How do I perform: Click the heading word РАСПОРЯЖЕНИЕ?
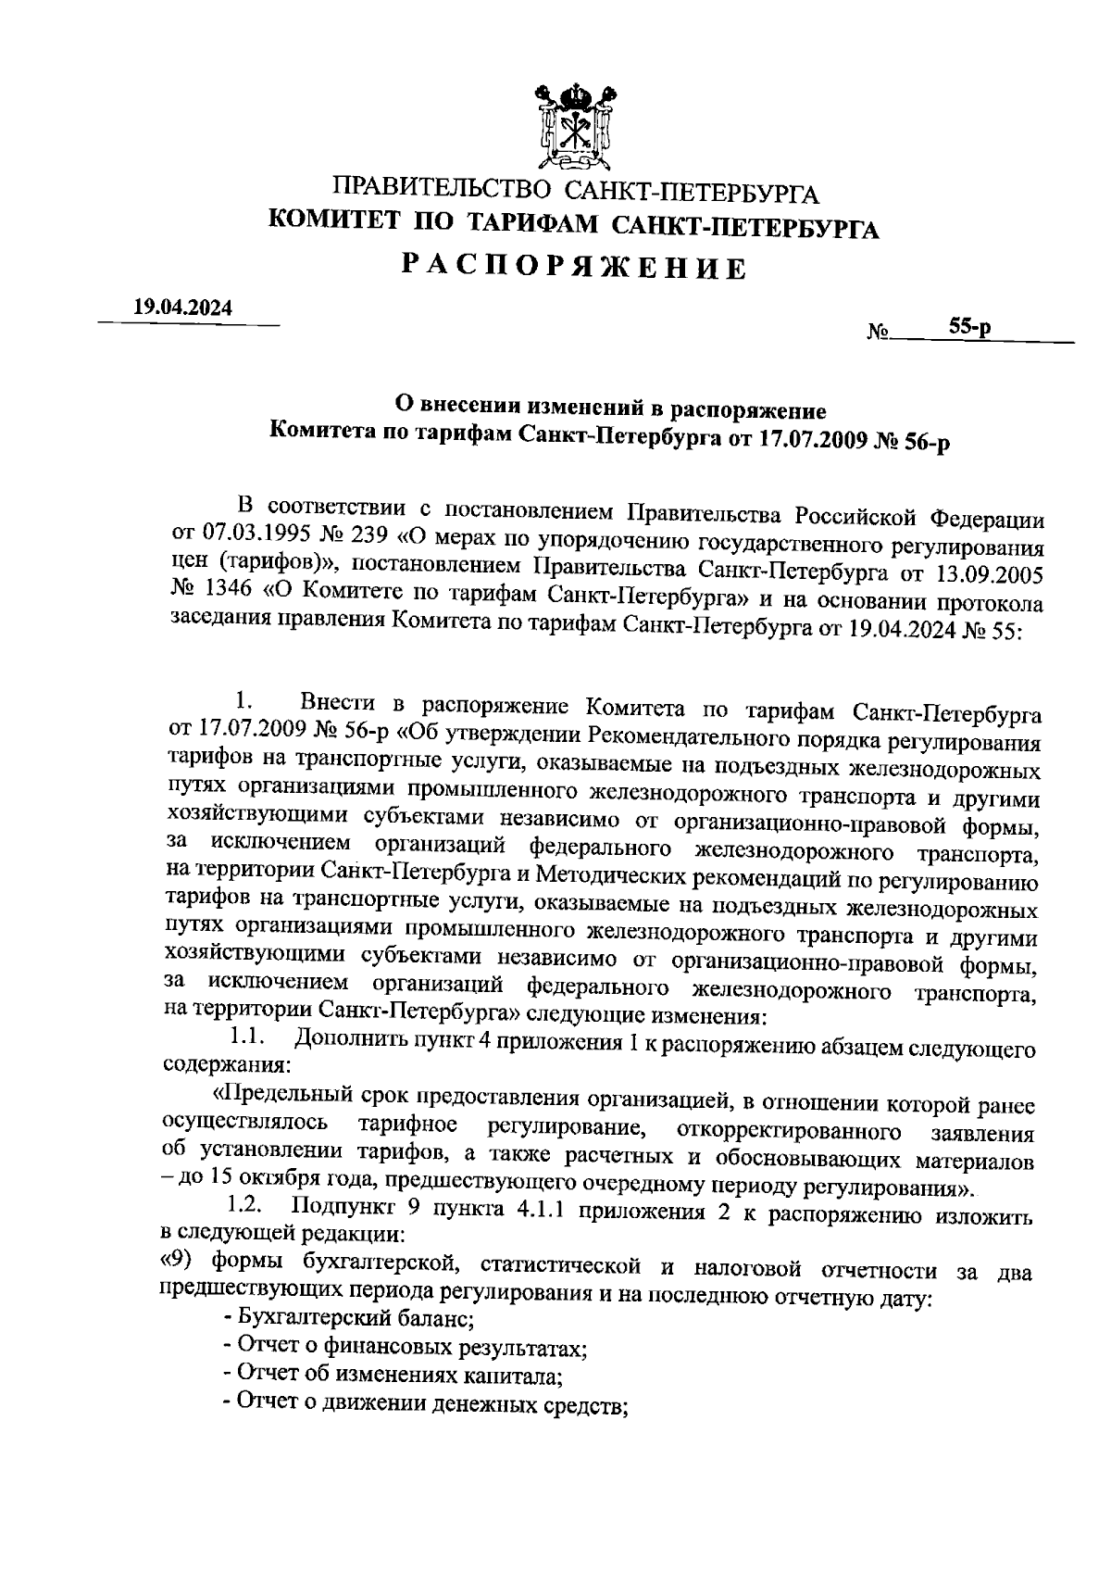573,268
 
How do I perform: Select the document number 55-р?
969,327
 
